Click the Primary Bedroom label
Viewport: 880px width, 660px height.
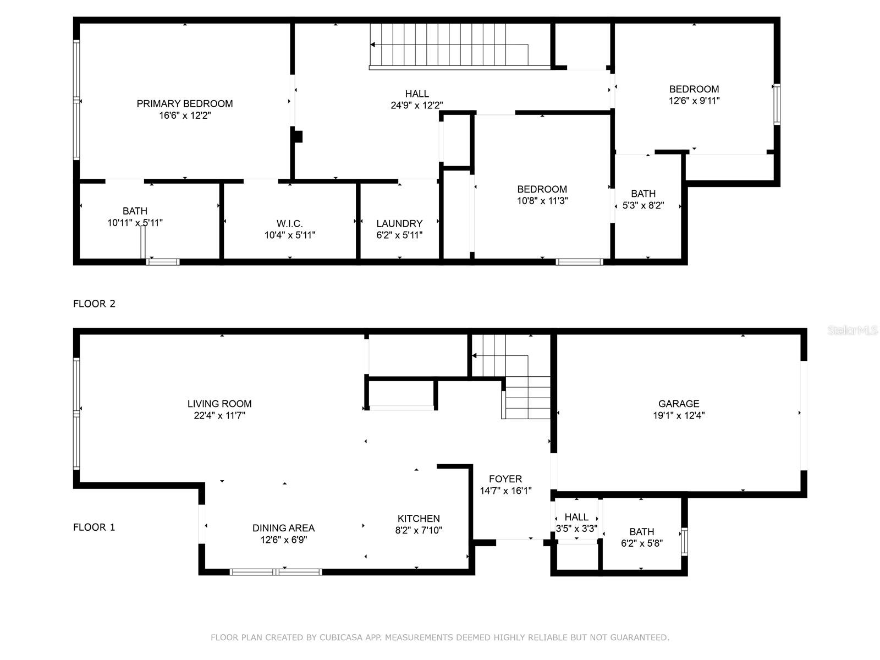point(185,103)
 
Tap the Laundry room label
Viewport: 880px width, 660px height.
point(399,223)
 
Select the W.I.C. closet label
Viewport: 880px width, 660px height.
point(289,223)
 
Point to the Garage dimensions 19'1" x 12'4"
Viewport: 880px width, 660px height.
point(679,416)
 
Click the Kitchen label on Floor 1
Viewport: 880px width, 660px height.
point(419,519)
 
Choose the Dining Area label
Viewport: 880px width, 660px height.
point(283,528)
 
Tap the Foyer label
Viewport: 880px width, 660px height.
point(505,479)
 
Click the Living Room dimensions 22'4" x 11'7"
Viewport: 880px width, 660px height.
point(219,416)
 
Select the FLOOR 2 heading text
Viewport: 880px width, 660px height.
point(94,304)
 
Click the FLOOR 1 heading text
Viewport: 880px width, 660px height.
point(94,527)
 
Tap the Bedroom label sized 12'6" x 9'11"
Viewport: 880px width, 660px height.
point(694,89)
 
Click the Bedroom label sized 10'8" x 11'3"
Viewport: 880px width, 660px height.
point(542,189)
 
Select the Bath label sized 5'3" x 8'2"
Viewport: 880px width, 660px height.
point(643,194)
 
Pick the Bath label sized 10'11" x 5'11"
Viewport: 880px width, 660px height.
point(135,211)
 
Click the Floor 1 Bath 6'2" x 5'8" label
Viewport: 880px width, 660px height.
point(641,532)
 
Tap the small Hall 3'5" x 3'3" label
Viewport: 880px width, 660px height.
point(576,517)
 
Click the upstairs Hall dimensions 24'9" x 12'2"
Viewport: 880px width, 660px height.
point(417,106)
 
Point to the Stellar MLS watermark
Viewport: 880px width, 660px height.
point(853,331)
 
